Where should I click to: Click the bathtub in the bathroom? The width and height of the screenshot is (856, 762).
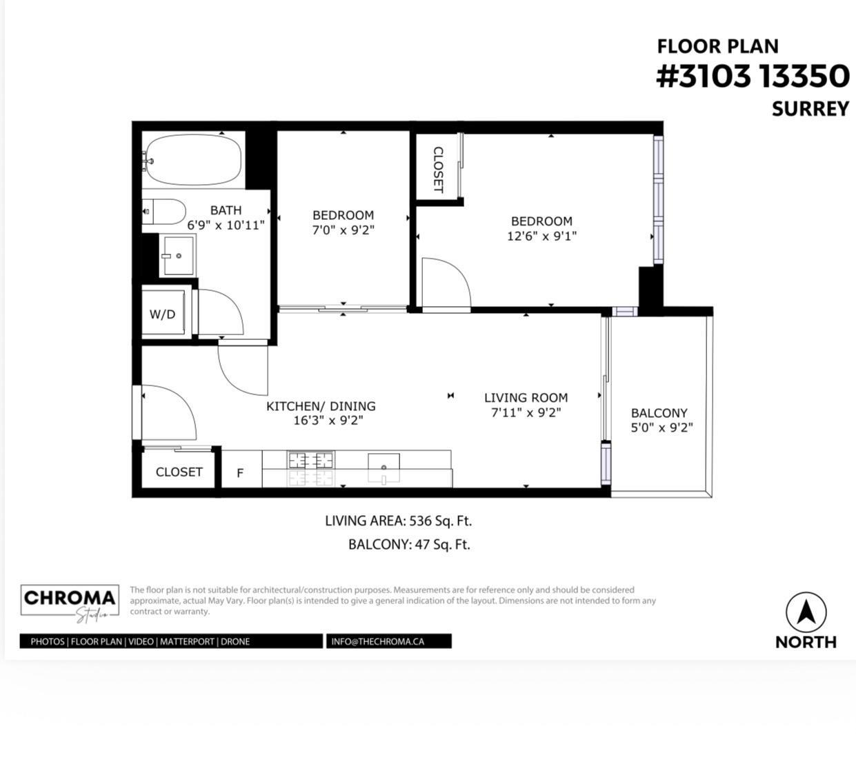(x=193, y=160)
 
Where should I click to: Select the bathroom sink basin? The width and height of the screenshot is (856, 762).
(x=177, y=255)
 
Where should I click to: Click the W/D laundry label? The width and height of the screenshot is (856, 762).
(x=163, y=314)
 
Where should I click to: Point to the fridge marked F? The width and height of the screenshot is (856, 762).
(x=241, y=472)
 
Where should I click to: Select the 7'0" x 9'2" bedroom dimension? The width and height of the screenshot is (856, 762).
(x=343, y=230)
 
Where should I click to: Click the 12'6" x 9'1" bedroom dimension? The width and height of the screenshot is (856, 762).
(x=541, y=237)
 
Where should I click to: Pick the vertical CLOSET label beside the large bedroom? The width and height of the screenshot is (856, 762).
(x=438, y=169)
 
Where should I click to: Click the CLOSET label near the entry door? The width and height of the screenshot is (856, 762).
(x=179, y=472)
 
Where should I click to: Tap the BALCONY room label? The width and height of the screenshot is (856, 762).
(x=659, y=413)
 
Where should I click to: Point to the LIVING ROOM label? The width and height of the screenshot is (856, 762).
(x=526, y=398)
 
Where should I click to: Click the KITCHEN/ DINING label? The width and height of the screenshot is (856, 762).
(x=321, y=406)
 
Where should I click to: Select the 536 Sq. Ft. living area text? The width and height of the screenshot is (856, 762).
(x=441, y=521)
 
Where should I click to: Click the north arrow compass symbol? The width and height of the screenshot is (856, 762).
(x=806, y=612)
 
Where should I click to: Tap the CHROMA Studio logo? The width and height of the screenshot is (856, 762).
(x=69, y=601)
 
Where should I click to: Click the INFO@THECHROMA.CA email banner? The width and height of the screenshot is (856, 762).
(x=388, y=641)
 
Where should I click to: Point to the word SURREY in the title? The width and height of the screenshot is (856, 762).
(x=810, y=109)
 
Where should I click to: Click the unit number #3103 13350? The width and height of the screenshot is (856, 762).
(x=752, y=76)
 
